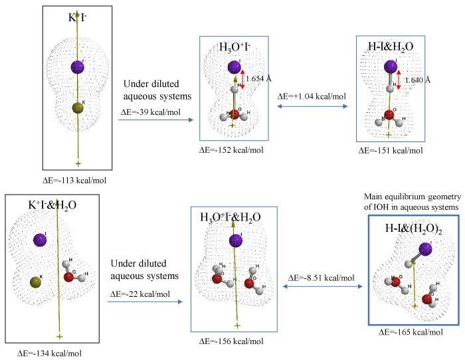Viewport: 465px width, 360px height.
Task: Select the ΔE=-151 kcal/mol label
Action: pos(391,150)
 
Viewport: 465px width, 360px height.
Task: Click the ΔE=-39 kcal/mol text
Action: pos(150,112)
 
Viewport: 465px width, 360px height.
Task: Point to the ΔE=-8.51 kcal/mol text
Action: pos(322,278)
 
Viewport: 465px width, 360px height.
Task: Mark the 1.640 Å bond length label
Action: pos(418,80)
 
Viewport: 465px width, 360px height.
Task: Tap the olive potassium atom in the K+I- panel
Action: pos(78,108)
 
